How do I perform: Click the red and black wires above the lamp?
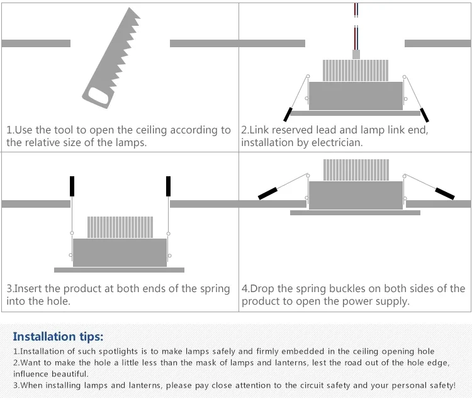tap(356, 25)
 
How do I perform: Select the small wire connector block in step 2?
tap(356, 55)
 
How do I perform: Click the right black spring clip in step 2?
tap(425, 115)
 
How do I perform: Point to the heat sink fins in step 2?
tap(356, 71)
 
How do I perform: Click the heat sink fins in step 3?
tap(120, 227)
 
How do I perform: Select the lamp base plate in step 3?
tap(120, 270)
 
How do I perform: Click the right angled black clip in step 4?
tap(444, 193)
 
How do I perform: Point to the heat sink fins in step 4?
tap(356, 170)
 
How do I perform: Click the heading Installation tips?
tap(58, 336)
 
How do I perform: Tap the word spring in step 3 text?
tap(215, 288)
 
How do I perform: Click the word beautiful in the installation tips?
tap(65, 374)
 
